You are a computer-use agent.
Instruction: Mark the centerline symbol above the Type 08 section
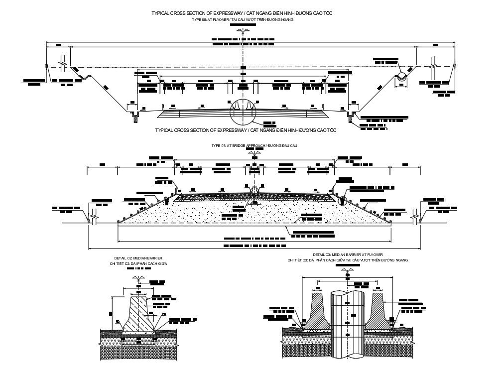pyautogui.click(x=243, y=31)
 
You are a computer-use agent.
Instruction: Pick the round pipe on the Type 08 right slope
pyautogui.click(x=401, y=77)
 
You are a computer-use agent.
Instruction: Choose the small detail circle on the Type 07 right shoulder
pyautogui.click(x=342, y=200)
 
